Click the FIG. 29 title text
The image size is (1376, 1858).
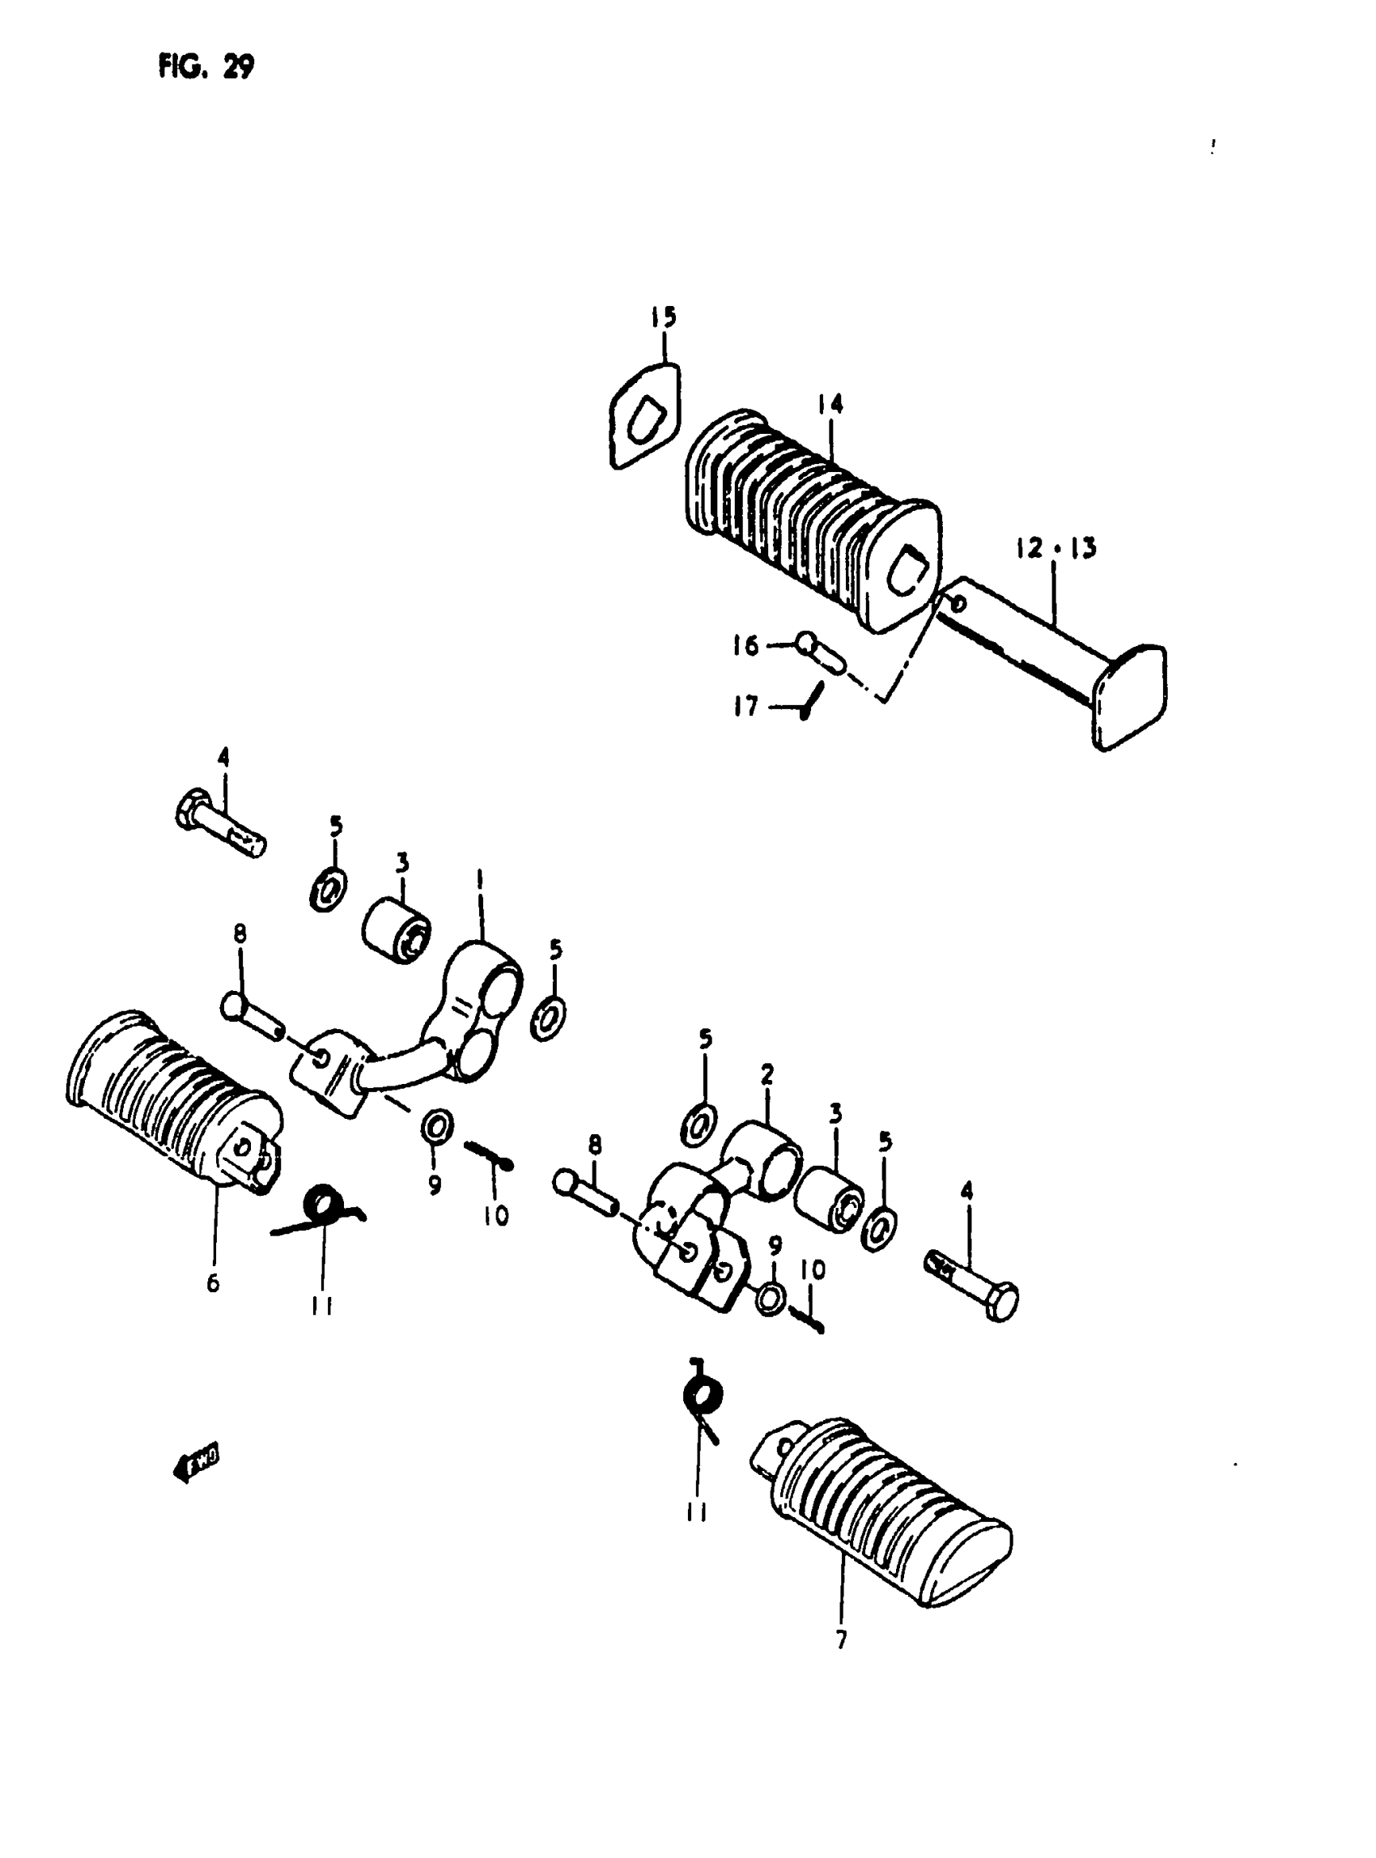(206, 67)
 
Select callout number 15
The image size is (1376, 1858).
(664, 317)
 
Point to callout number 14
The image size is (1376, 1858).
(830, 405)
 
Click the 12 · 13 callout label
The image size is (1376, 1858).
(1056, 548)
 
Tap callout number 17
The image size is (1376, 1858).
(745, 707)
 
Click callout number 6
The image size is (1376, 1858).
(213, 1284)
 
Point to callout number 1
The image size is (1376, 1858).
(481, 879)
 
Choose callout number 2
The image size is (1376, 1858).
(767, 1074)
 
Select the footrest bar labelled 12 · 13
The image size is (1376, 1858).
(1025, 641)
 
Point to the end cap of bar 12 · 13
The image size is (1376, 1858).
(1130, 696)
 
